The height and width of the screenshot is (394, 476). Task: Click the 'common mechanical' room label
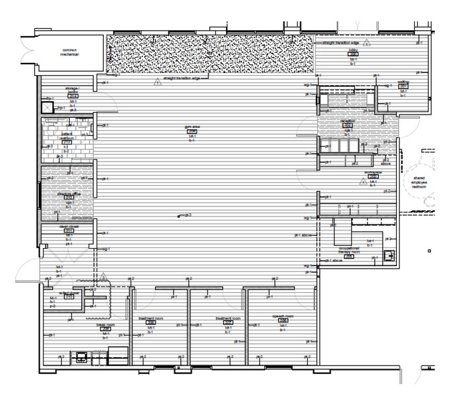coord(70,52)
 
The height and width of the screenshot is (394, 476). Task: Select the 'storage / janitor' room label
coord(73,90)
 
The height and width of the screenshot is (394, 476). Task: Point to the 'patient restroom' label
coord(66,136)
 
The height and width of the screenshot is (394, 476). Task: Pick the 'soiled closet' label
coord(70,293)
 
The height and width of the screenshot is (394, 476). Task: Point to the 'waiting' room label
coord(404,82)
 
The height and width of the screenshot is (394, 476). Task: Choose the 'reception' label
coord(348,121)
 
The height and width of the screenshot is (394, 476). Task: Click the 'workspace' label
coord(373,172)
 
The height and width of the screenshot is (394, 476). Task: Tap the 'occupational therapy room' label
coord(349,249)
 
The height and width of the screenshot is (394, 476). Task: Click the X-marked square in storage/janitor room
coord(47,107)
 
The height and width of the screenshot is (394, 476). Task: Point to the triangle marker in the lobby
coord(367,43)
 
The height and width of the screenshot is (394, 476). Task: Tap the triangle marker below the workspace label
coord(363,182)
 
